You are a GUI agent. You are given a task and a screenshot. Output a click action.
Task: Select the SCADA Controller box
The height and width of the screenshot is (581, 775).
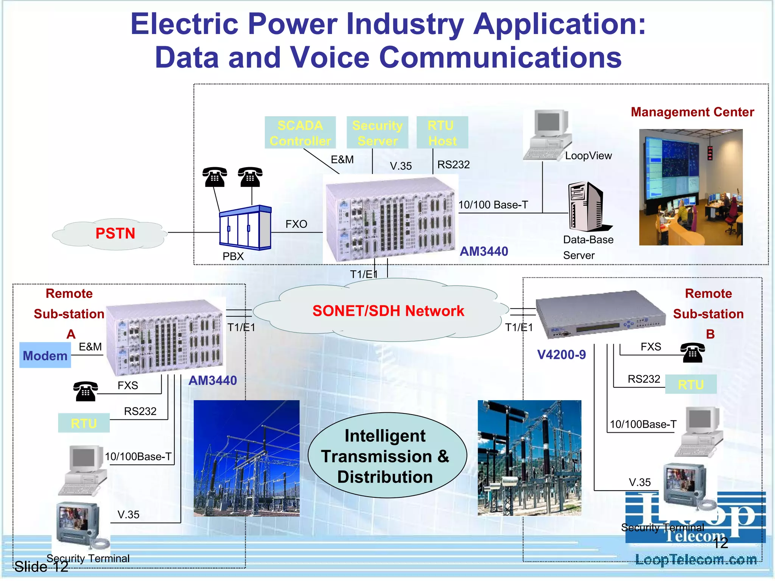[300, 133]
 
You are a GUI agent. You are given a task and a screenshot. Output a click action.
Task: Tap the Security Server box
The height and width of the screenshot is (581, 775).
[377, 133]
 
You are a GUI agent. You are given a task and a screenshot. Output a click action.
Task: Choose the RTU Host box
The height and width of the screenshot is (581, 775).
[442, 133]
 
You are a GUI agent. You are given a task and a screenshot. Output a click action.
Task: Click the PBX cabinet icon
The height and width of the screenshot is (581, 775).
[245, 227]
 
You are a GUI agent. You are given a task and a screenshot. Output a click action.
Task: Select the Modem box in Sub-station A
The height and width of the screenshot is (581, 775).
[45, 356]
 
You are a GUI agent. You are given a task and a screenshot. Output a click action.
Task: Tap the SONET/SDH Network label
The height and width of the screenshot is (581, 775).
[388, 311]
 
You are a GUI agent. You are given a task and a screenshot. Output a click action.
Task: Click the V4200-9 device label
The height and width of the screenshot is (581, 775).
[561, 355]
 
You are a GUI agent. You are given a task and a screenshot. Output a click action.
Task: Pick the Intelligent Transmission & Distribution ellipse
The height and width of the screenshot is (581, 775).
[386, 456]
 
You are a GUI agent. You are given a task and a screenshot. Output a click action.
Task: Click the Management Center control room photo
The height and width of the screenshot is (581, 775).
[691, 187]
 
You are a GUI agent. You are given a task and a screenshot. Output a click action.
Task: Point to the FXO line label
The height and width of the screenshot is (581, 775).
[296, 224]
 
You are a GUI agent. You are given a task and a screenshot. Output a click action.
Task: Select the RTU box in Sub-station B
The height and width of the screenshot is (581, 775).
[691, 384]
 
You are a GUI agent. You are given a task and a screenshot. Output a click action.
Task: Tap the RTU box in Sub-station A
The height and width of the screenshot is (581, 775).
[84, 423]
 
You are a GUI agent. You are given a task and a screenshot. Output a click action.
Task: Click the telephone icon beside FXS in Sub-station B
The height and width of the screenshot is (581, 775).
[693, 353]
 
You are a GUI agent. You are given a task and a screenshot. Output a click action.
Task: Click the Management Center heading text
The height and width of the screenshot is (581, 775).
[692, 112]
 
